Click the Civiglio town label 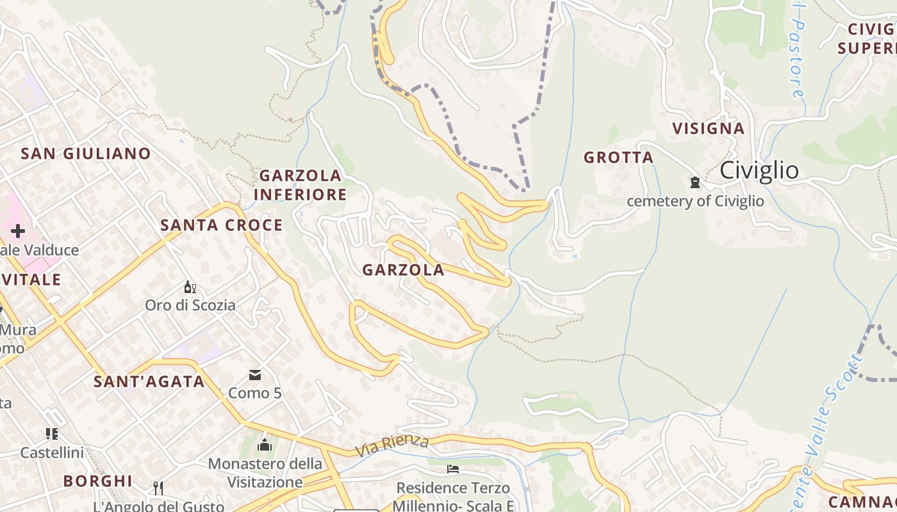coord(759,171)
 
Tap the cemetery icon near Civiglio coord(695,183)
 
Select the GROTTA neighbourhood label coord(618,157)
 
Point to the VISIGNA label coord(708,129)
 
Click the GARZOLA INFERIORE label coord(300,185)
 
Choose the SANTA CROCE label coord(221,225)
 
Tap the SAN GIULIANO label coord(86,154)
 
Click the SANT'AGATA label coord(149,382)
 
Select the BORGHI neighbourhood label coord(98,481)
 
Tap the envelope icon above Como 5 coord(255,375)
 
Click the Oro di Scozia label coord(190,305)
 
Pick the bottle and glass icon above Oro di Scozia coord(190,287)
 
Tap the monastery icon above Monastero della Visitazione coord(265,445)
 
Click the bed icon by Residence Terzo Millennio coord(453,469)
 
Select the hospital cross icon coord(17,231)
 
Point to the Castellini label coord(52,453)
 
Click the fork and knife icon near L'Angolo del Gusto coord(158,488)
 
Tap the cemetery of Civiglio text coord(695,202)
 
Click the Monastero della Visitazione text coord(265,472)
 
